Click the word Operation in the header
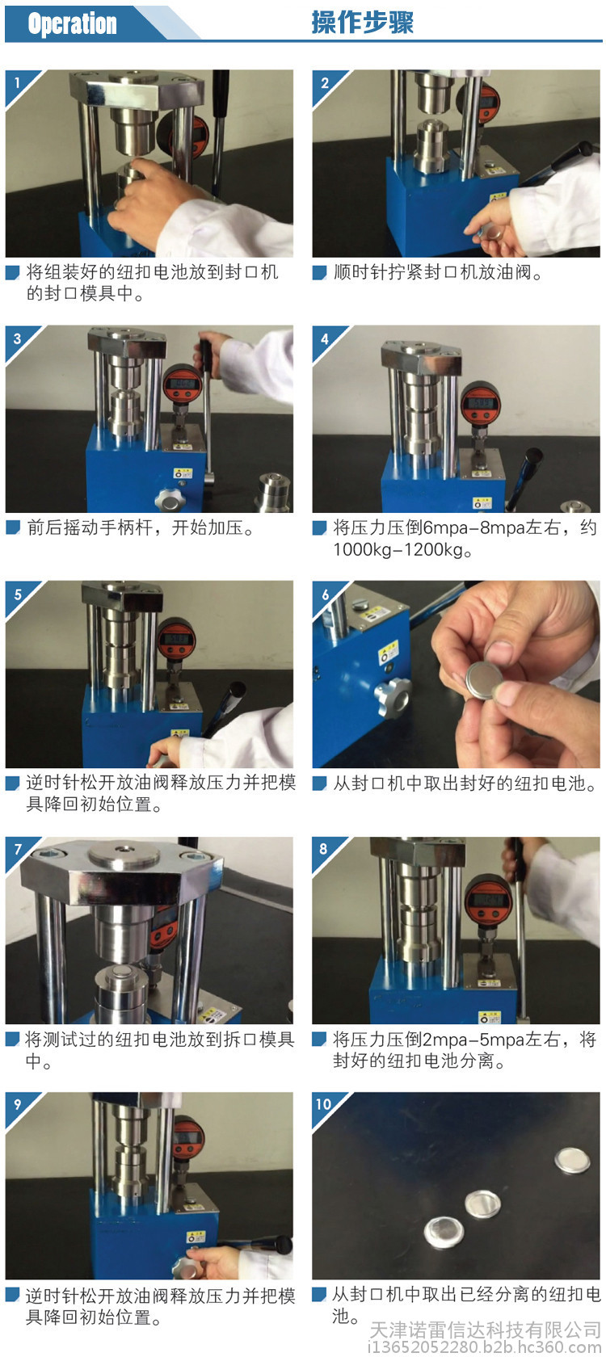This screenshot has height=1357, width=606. click(x=72, y=23)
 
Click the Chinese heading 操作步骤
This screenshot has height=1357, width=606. click(x=362, y=23)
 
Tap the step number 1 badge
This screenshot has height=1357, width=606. click(x=17, y=82)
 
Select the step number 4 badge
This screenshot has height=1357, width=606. click(x=324, y=338)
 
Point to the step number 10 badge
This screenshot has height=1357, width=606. click(x=323, y=1103)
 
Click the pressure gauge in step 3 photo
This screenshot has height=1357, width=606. click(x=183, y=387)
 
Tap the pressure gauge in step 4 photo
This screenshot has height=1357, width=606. click(x=481, y=404)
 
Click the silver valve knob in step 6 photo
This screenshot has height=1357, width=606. click(x=391, y=696)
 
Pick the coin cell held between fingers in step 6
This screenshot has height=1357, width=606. click(x=486, y=681)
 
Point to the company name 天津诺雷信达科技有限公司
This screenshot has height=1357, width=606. click(x=485, y=1330)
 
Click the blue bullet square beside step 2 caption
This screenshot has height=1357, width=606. click(x=318, y=273)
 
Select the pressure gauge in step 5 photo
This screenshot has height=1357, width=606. click(x=177, y=640)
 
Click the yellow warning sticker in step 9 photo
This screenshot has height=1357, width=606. click(x=196, y=1237)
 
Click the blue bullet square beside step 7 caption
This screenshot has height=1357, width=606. click(x=12, y=1040)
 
